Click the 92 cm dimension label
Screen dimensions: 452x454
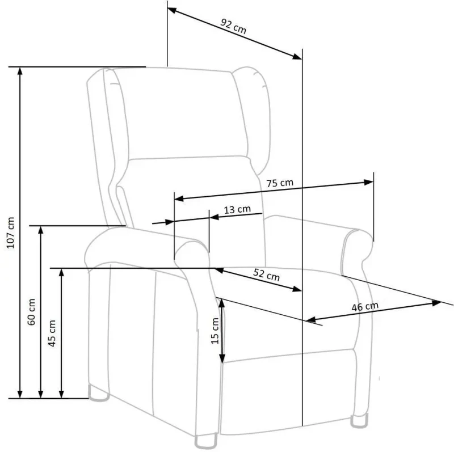(x=233, y=28)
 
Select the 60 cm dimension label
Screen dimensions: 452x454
(x=32, y=311)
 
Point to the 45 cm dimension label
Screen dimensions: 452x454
(x=52, y=333)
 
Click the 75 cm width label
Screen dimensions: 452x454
(x=279, y=183)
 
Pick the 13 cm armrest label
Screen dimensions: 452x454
(x=237, y=209)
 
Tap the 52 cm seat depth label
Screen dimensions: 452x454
(x=266, y=275)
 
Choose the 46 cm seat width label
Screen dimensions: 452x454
(x=365, y=306)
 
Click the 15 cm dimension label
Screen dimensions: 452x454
(x=215, y=331)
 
